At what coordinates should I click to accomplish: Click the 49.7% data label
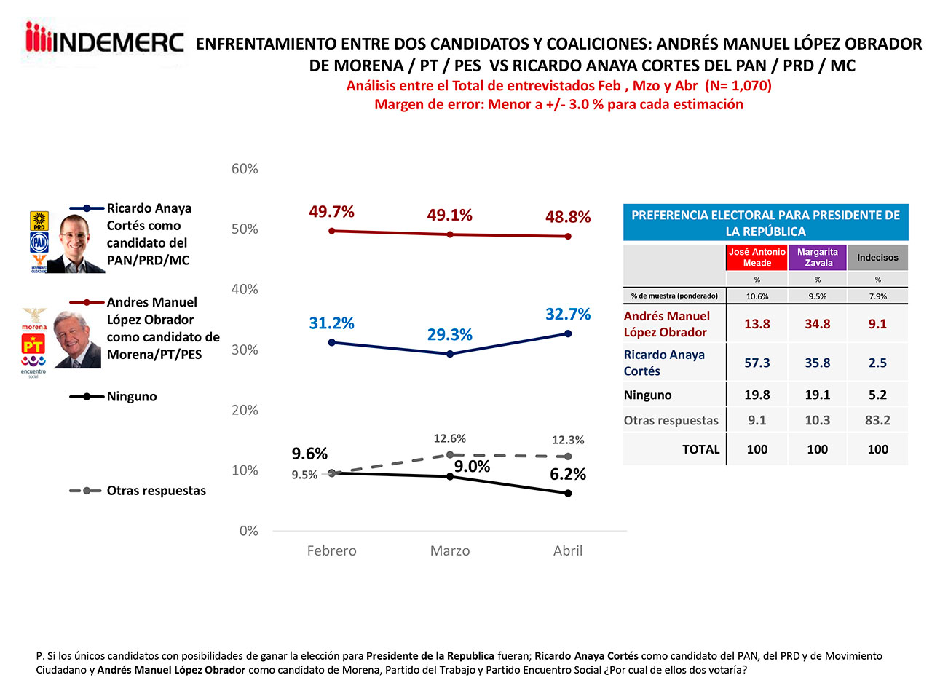pos(331,212)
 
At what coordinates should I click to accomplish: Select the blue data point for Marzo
pos(450,354)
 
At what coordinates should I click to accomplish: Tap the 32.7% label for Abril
pos(568,315)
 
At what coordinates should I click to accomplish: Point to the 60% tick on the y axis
pos(245,169)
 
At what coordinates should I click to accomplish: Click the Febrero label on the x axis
pos(331,551)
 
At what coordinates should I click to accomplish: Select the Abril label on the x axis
pos(568,551)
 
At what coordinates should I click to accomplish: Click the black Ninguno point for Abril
pos(568,493)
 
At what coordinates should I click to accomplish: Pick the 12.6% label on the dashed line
pos(450,439)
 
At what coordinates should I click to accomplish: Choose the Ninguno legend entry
pos(131,397)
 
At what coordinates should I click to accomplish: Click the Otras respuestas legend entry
pos(156,491)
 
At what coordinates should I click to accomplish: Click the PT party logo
pos(33,345)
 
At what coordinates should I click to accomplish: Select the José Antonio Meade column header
pos(757,257)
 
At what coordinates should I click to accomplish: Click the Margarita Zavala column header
pos(818,257)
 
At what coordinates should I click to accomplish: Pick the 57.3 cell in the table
pos(757,363)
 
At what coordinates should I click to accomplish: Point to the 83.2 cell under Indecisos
pos(877,420)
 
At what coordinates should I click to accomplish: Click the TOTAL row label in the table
pos(700,449)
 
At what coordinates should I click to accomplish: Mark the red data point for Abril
pos(568,237)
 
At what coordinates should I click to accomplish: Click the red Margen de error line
pos(558,104)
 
